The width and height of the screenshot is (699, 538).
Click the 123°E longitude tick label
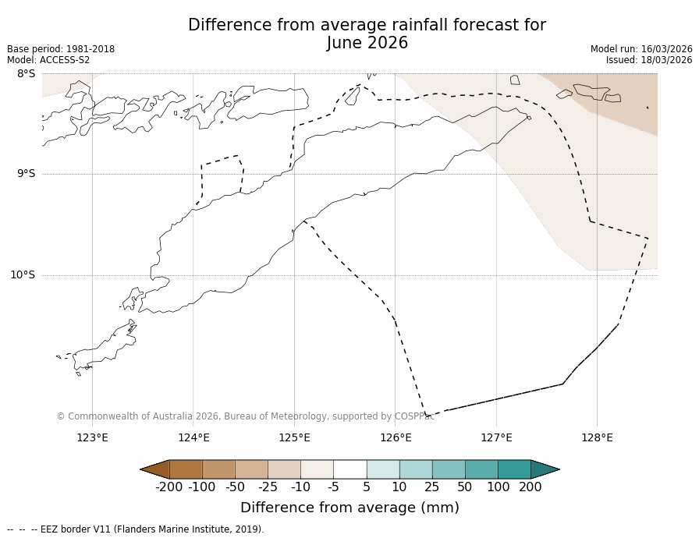coord(92,437)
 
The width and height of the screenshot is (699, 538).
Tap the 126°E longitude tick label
coord(396,437)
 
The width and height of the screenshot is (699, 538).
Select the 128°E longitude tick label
coord(597,437)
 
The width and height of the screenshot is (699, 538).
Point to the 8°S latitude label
coord(26,74)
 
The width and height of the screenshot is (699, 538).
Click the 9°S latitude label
coord(26,174)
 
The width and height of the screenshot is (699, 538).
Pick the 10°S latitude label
coord(23,274)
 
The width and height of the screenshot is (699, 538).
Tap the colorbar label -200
coord(169,487)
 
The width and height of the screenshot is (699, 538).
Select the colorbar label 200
coord(530,487)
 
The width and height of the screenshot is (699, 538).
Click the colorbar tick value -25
coord(268,487)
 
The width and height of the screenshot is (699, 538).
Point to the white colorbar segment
coord(349,469)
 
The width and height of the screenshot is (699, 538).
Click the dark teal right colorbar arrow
coord(545,469)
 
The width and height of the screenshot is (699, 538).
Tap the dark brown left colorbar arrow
coord(154,469)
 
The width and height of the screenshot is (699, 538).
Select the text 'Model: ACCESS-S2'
coord(48,60)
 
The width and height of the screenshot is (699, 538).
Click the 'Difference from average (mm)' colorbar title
coord(349,508)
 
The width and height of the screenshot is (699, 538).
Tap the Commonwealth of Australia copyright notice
coord(245,416)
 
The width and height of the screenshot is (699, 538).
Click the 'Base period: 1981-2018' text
coord(61,49)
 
